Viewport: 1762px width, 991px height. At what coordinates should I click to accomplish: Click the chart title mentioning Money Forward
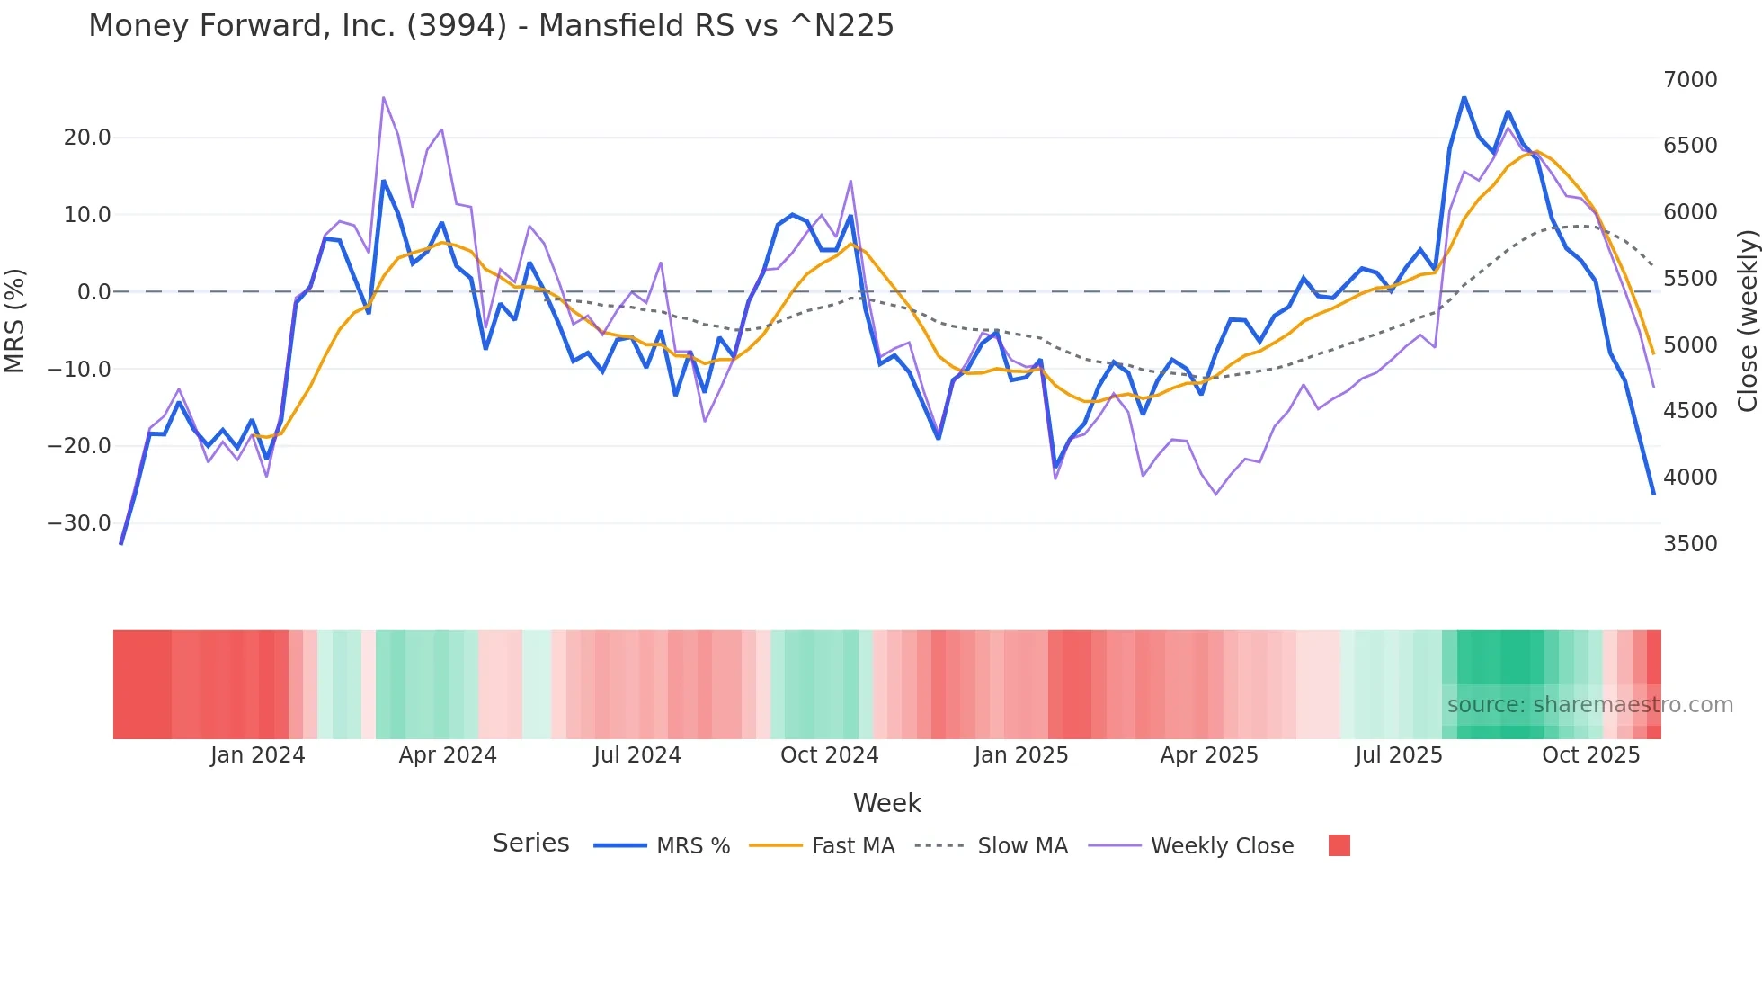pyautogui.click(x=491, y=26)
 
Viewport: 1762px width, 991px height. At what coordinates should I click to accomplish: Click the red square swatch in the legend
pyautogui.click(x=1339, y=845)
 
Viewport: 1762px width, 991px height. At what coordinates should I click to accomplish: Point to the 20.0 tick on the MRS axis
pyautogui.click(x=87, y=138)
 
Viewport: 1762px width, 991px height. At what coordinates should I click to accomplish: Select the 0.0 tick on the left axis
pyautogui.click(x=93, y=292)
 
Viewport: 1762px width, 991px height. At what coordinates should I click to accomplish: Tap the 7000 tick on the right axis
pyautogui.click(x=1690, y=80)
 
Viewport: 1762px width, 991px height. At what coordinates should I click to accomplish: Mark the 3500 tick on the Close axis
pyautogui.click(x=1690, y=544)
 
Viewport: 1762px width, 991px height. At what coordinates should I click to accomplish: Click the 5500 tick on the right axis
pyautogui.click(x=1690, y=279)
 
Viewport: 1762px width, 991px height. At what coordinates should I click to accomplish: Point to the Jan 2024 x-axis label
pyautogui.click(x=258, y=755)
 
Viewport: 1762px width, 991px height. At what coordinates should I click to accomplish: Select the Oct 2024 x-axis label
pyautogui.click(x=829, y=755)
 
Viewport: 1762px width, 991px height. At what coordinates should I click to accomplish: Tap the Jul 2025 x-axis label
pyautogui.click(x=1399, y=755)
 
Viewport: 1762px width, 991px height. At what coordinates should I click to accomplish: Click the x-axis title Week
pyautogui.click(x=886, y=803)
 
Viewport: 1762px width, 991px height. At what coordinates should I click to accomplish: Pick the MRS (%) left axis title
pyautogui.click(x=15, y=321)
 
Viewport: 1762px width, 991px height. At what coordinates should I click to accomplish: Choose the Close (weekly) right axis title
pyautogui.click(x=1747, y=321)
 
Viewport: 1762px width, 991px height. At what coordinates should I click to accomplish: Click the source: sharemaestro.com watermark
pyautogui.click(x=1589, y=705)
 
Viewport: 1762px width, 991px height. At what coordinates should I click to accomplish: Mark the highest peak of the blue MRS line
pyautogui.click(x=1464, y=97)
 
